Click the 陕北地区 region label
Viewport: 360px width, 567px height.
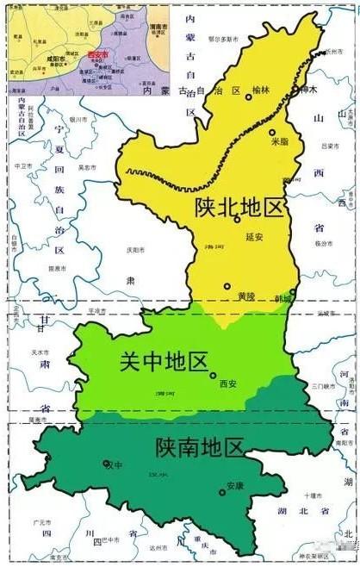239,208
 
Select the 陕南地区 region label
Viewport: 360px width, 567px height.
199,447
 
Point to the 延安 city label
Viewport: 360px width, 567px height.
252,235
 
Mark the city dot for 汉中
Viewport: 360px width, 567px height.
107,464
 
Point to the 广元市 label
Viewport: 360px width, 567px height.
40,522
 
